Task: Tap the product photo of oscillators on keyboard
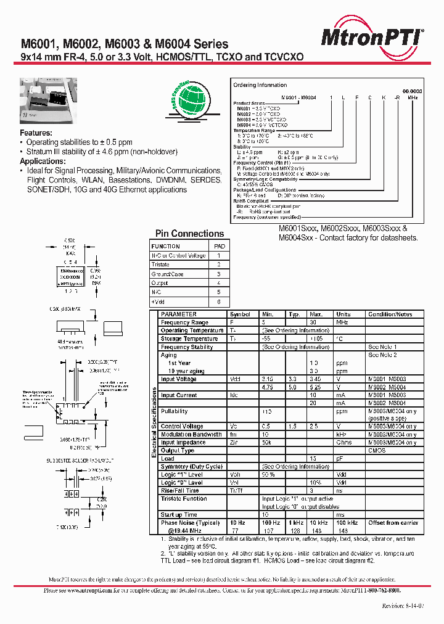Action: click(49, 101)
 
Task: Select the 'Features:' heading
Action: click(36, 133)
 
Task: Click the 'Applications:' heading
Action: click(43, 161)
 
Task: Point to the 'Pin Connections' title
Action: click(189, 234)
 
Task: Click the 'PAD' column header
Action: click(219, 246)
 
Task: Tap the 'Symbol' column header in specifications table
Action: click(239, 314)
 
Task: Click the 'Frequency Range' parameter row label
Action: click(184, 322)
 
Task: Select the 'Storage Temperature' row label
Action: click(188, 339)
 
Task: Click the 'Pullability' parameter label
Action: click(174, 411)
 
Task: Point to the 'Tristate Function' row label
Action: click(184, 498)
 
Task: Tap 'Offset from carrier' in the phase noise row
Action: click(393, 523)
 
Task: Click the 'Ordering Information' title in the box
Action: click(260, 85)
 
